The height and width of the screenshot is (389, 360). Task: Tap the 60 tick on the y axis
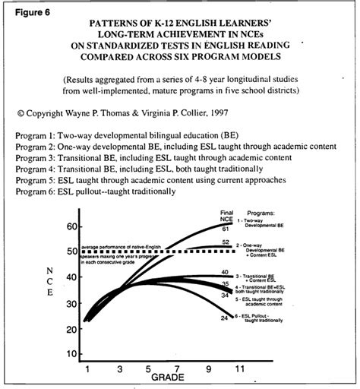point(74,227)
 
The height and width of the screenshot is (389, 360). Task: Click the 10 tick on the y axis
point(74,354)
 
